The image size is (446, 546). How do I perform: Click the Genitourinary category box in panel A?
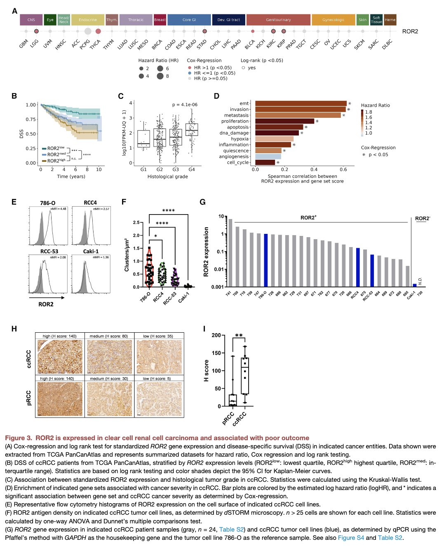click(x=278, y=20)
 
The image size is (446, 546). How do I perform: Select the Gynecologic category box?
click(x=333, y=20)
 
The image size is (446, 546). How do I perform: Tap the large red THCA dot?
click(x=98, y=31)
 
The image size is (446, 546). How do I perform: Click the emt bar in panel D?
click(x=301, y=103)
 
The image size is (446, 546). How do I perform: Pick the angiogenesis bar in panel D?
click(x=268, y=156)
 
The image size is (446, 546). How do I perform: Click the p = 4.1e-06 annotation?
click(x=185, y=105)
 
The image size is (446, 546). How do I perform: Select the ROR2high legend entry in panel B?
click(x=56, y=161)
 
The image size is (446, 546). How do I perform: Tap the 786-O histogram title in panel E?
click(x=48, y=203)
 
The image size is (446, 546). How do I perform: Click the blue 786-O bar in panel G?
click(x=265, y=260)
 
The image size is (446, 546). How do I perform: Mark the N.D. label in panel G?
click(x=420, y=281)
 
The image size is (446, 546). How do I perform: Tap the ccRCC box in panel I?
click(x=245, y=376)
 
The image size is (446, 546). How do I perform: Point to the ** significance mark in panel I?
click(x=239, y=336)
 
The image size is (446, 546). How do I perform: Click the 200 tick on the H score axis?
click(x=216, y=335)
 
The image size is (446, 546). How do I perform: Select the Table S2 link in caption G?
click(x=232, y=530)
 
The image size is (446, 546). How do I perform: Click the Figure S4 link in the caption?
click(x=351, y=537)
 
